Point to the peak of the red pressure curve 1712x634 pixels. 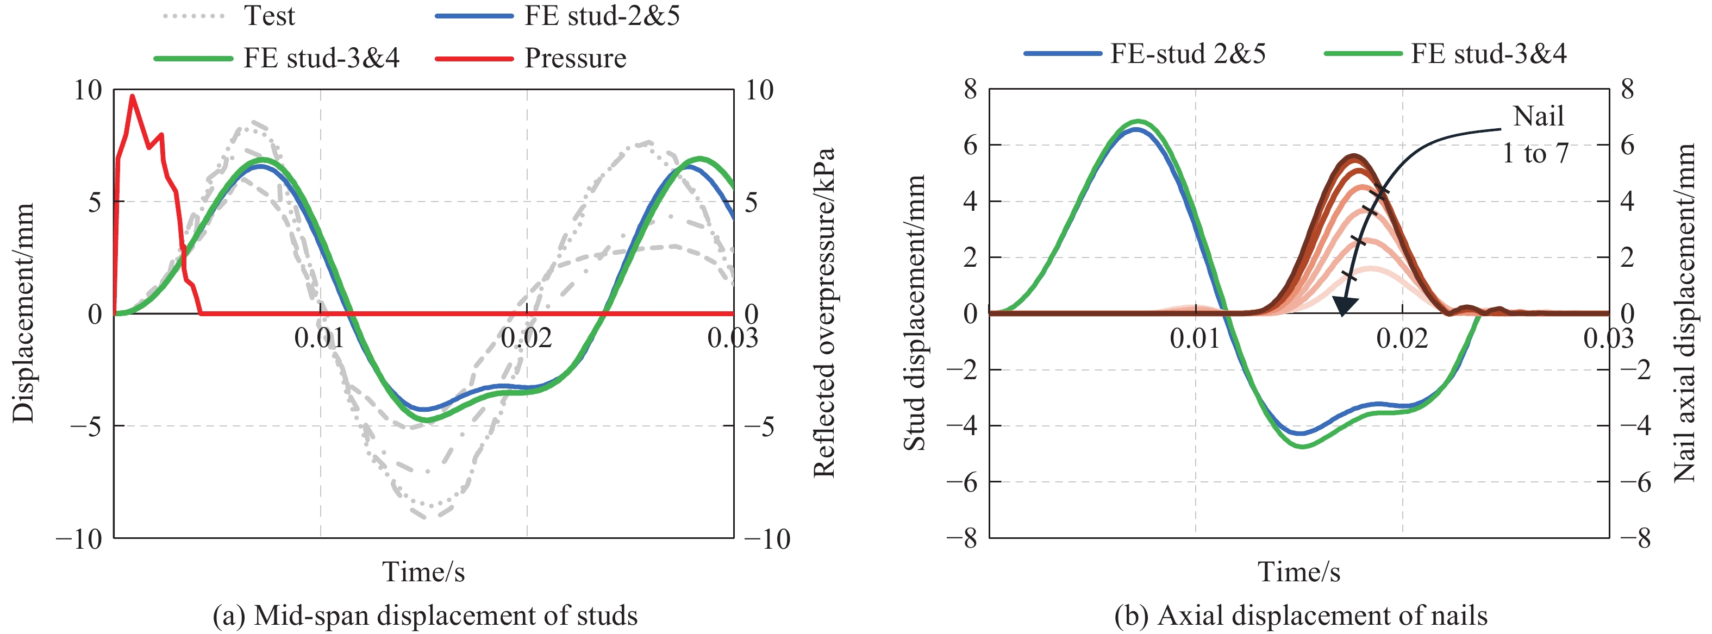pyautogui.click(x=132, y=96)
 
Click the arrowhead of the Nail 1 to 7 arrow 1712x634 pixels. pyautogui.click(x=1344, y=307)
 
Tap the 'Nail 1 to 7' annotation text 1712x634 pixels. pyautogui.click(x=1536, y=135)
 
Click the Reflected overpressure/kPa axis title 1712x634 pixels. pyautogui.click(x=823, y=312)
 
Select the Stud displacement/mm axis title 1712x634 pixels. pyautogui.click(x=915, y=312)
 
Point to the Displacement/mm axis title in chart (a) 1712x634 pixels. pyautogui.click(x=23, y=312)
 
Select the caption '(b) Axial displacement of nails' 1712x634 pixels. pyautogui.click(x=1301, y=616)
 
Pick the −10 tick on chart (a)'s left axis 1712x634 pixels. pyautogui.click(x=79, y=538)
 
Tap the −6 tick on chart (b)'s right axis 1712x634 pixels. pyautogui.click(x=1635, y=482)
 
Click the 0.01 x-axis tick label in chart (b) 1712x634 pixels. pyautogui.click(x=1195, y=338)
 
